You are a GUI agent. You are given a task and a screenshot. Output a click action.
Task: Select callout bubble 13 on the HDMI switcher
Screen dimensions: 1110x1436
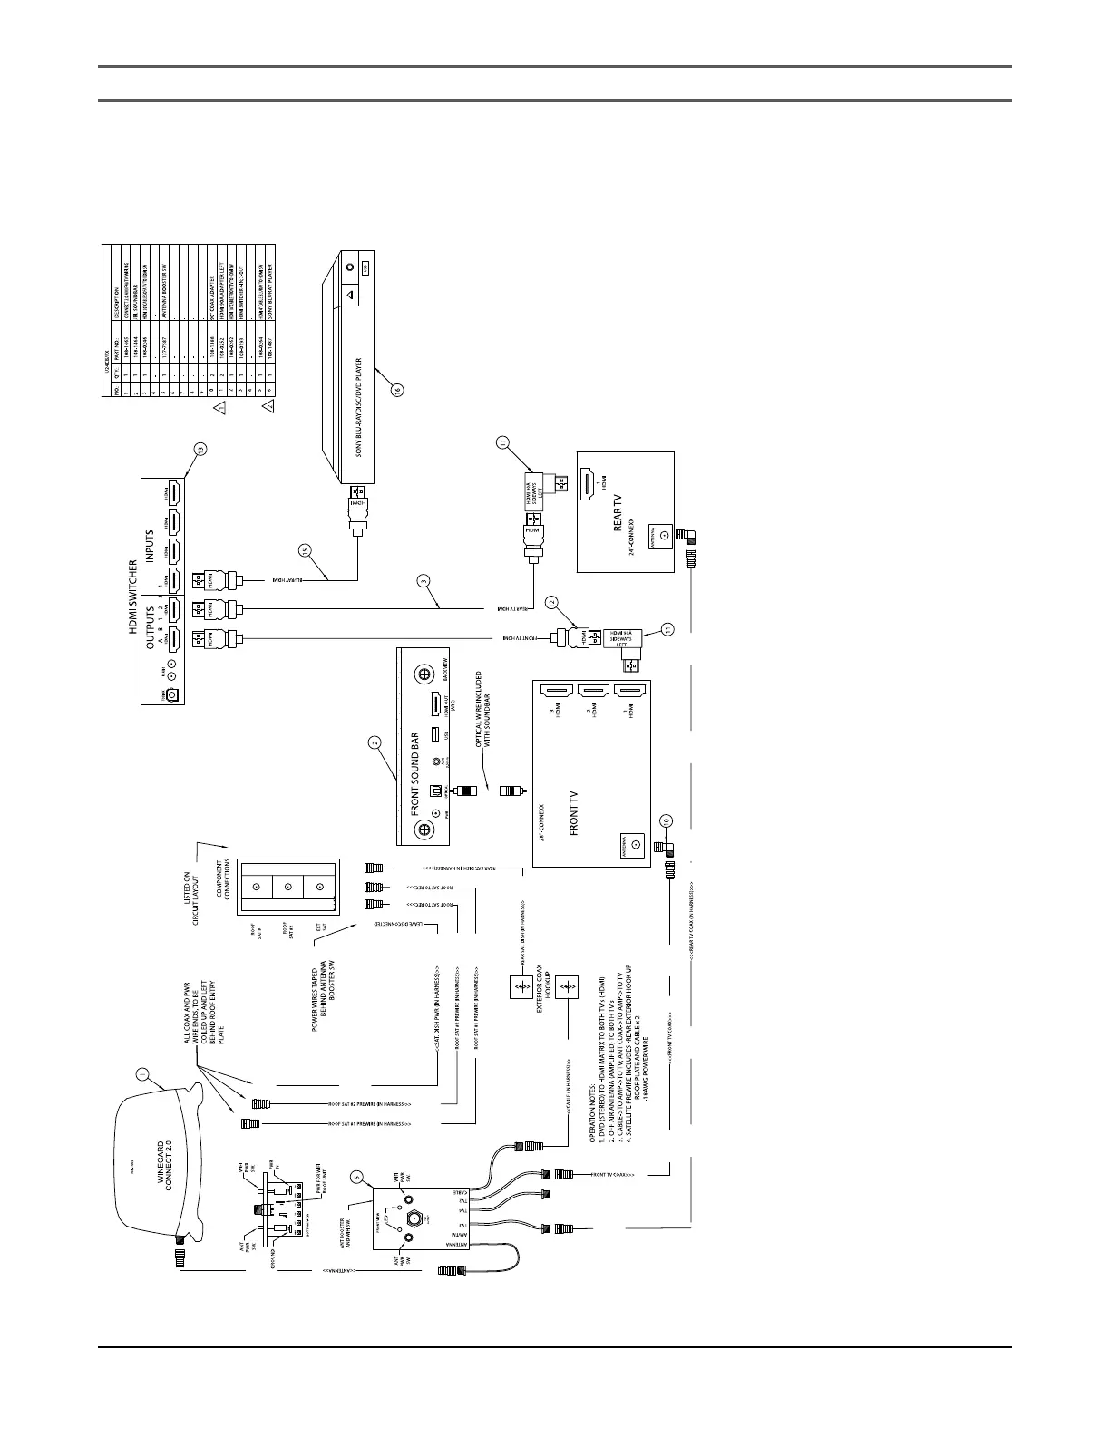coord(200,447)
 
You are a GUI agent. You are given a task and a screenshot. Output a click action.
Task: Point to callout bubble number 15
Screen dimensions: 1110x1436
coord(306,549)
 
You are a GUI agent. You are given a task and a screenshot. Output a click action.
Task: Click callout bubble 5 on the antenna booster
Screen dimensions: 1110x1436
coord(356,1179)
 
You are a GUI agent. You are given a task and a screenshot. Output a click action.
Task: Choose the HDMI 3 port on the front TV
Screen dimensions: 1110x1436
coord(555,692)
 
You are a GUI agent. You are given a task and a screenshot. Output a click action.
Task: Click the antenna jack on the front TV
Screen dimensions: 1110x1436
coord(636,845)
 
